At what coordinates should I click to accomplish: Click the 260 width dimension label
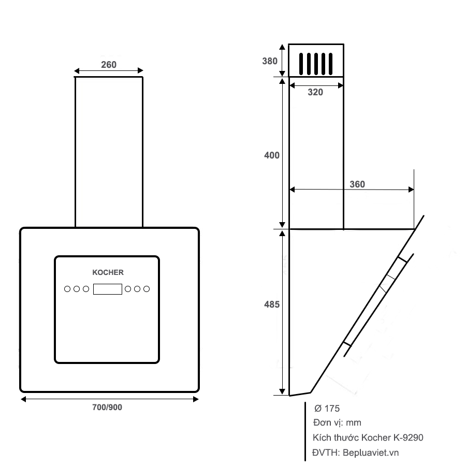click(x=109, y=65)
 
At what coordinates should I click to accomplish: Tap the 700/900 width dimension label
click(x=107, y=407)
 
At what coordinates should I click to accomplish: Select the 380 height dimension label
click(x=270, y=61)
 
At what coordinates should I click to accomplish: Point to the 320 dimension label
click(x=315, y=92)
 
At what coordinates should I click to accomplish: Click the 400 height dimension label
click(x=272, y=155)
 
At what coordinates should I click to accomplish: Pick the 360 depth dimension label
click(x=357, y=184)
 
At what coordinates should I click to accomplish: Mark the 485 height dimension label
click(x=272, y=304)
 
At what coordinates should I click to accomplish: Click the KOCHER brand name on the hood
click(x=108, y=272)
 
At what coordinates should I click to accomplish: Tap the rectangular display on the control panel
click(x=107, y=289)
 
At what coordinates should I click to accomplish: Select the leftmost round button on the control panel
click(x=67, y=289)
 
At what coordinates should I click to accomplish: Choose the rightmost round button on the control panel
click(x=147, y=289)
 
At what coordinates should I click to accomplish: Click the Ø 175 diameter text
click(x=327, y=409)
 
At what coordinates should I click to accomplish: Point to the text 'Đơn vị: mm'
click(x=337, y=423)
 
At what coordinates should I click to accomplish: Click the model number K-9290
click(x=409, y=438)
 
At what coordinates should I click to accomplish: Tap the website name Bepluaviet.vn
click(x=371, y=453)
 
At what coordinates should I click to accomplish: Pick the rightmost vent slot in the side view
click(x=330, y=64)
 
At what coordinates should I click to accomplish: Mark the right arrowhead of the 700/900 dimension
click(x=196, y=399)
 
